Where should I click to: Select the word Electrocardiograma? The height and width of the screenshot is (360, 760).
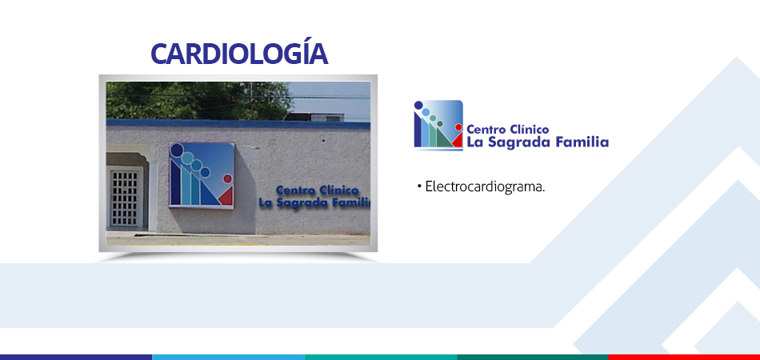click(485, 187)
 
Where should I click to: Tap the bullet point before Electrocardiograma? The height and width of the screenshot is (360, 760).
click(418, 186)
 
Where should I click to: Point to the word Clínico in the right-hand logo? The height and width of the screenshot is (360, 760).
click(530, 130)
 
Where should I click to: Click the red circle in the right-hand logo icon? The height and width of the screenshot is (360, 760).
click(458, 127)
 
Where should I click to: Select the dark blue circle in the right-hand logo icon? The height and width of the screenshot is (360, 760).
click(418, 105)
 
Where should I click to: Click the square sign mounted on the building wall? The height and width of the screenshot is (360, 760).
click(202, 175)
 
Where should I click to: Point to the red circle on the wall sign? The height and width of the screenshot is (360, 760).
click(227, 178)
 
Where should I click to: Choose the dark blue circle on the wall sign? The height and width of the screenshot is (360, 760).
click(178, 150)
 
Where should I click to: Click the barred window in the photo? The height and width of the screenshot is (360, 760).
click(125, 198)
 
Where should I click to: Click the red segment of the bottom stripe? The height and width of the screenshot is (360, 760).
click(684, 357)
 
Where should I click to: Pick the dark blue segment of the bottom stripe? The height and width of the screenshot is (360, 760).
click(76, 357)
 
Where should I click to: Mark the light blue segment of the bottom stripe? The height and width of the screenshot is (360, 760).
click(228, 357)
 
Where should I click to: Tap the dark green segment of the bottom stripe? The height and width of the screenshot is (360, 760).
click(532, 357)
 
